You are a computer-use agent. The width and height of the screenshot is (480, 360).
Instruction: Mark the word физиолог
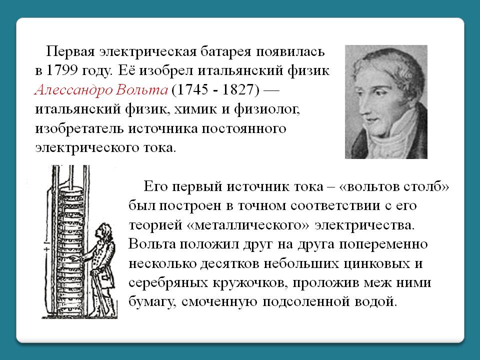266,109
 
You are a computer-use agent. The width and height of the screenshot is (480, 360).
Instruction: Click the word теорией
155,225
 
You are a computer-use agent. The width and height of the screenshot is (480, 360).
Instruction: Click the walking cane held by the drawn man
101,291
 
